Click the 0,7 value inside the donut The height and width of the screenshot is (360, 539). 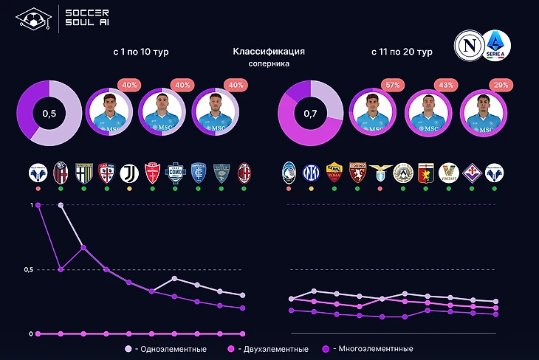click(311, 115)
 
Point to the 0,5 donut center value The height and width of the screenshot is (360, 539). click(49, 115)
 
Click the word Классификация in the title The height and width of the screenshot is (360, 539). click(269, 52)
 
